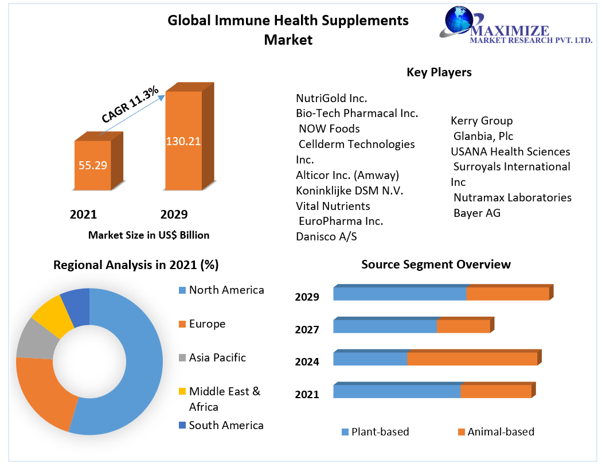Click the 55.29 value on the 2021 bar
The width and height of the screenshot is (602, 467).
(x=93, y=165)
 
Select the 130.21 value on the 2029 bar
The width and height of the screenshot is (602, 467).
(x=183, y=141)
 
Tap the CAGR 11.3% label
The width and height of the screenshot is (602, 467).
(x=130, y=104)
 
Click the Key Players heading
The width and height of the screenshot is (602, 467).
(x=439, y=72)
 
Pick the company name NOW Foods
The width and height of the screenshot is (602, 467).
(x=329, y=129)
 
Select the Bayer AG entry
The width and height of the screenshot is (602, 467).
(x=476, y=213)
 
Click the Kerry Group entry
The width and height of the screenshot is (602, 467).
(x=482, y=120)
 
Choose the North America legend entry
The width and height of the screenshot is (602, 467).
(x=226, y=290)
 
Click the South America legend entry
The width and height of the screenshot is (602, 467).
(x=226, y=425)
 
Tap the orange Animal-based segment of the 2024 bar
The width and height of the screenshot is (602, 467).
(x=471, y=359)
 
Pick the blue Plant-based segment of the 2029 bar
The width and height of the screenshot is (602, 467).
(x=400, y=294)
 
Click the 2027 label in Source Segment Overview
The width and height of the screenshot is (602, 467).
(x=307, y=329)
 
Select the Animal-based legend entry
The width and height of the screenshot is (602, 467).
(x=501, y=432)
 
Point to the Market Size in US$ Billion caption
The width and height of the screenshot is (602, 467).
(x=148, y=235)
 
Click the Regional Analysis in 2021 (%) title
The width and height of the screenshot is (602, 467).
(x=136, y=264)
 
